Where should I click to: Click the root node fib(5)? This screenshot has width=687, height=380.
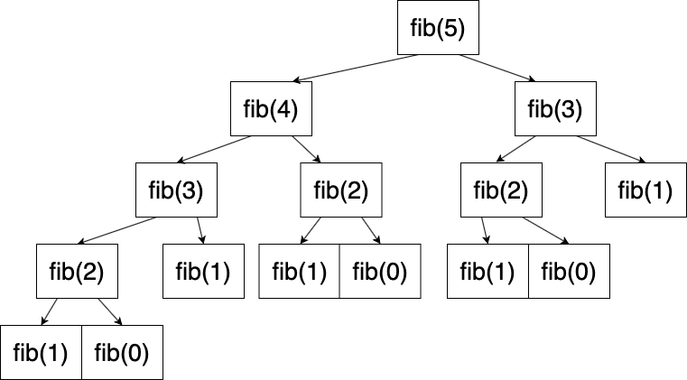(x=438, y=29)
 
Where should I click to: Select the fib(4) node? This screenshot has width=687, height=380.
(x=271, y=109)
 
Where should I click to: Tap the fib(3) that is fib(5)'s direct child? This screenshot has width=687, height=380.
(x=554, y=109)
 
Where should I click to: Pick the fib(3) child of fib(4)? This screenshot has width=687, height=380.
(x=176, y=190)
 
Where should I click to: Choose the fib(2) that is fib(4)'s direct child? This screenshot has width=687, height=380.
(x=341, y=190)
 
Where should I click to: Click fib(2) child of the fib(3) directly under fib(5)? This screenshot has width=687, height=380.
(x=500, y=190)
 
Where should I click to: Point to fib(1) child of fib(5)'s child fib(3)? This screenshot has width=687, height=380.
(x=645, y=190)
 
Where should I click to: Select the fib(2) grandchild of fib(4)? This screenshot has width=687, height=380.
(x=77, y=271)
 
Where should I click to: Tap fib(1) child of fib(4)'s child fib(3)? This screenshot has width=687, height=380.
(x=203, y=271)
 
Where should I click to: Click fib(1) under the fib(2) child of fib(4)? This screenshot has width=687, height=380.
(x=299, y=271)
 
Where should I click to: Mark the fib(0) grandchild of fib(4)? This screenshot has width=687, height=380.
(x=380, y=271)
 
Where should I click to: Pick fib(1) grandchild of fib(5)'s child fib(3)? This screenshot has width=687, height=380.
(x=488, y=271)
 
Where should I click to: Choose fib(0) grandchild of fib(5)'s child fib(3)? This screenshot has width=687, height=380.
(x=569, y=271)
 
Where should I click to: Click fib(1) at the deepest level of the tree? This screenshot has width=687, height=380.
(x=42, y=352)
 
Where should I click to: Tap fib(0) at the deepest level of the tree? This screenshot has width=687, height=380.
(x=123, y=352)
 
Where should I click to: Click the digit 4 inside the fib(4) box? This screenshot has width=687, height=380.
(x=285, y=109)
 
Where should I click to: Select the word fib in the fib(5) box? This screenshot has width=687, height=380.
(x=423, y=29)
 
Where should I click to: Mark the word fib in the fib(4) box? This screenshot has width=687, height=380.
(x=255, y=109)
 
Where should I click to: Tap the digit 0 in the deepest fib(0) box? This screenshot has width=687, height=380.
(x=137, y=352)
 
